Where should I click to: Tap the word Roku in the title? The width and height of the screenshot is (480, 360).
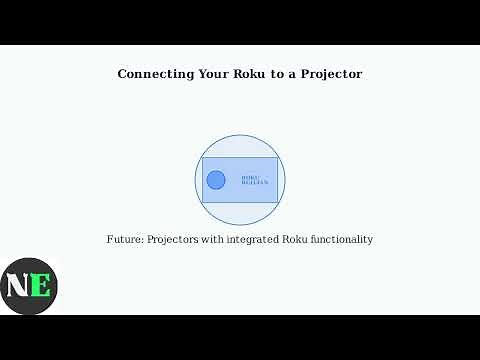coord(246,74)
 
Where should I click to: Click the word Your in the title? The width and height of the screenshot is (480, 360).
coord(208,74)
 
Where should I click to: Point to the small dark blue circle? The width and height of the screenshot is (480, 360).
coord(215,180)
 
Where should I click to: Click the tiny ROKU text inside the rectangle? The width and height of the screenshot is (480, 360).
coord(250,177)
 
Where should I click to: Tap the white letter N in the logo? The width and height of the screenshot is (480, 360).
coord(18,285)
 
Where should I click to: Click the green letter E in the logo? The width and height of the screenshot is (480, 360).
coord(39,285)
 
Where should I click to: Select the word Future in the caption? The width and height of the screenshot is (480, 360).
coord(124,240)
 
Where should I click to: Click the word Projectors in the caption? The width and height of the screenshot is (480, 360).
coord(176,240)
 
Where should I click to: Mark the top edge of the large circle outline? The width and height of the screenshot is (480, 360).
coord(240,135)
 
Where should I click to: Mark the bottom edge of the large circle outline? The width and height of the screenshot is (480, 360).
coord(240,225)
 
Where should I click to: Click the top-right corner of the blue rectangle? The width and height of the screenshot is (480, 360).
coord(278,158)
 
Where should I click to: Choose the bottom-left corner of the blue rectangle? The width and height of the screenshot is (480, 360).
coord(202,202)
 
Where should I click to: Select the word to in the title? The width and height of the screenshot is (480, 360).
coord(274,74)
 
